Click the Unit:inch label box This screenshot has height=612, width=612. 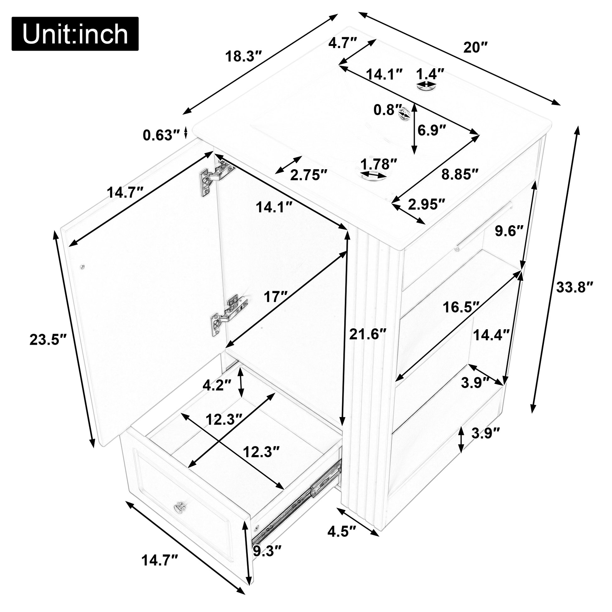point(75,34)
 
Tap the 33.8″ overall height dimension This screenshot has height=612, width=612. point(574,288)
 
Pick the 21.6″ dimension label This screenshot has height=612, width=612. point(368,334)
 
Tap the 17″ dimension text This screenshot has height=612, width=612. point(275,297)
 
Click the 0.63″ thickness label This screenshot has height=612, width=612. point(162,135)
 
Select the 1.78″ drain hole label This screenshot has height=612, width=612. point(379,164)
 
